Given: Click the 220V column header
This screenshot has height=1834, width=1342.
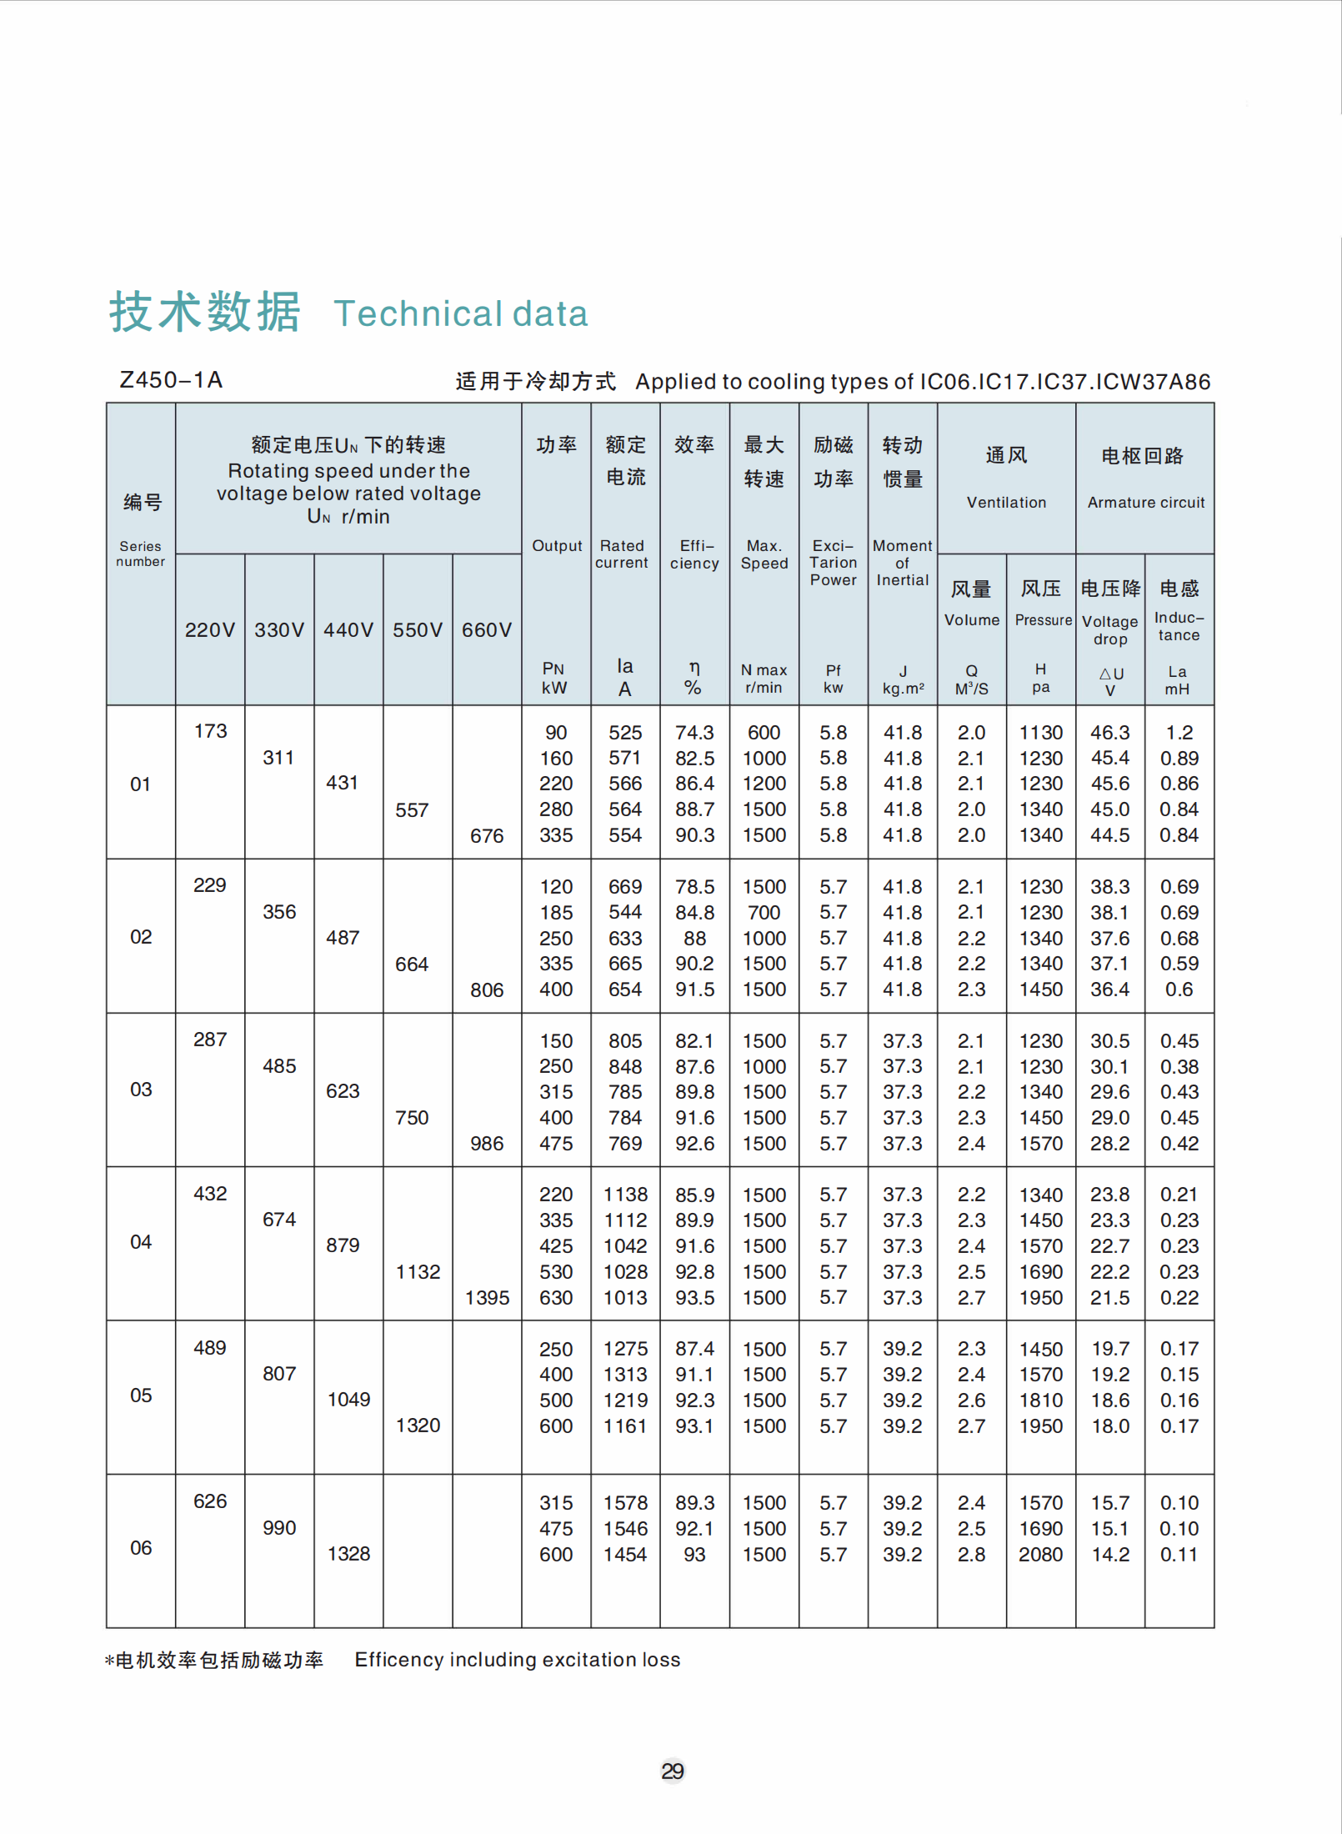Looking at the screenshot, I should tap(210, 629).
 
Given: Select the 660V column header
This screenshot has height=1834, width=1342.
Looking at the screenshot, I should tap(487, 629).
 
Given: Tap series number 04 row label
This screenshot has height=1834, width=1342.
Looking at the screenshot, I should tap(141, 1242).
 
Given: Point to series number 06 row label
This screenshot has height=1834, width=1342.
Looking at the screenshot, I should tap(141, 1548).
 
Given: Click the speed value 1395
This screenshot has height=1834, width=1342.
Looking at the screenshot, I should tap(488, 1298).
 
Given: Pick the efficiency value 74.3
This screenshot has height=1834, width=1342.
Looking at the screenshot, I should tap(694, 733).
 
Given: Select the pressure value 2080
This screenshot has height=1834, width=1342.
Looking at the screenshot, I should tap(1040, 1555).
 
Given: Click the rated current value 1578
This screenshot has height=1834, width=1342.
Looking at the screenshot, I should tap(625, 1503).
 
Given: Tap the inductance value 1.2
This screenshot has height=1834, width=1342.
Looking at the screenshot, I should tap(1179, 733).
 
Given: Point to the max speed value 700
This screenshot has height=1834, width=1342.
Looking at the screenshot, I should tap(764, 913).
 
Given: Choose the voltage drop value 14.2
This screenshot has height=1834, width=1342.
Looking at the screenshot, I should tap(1110, 1555).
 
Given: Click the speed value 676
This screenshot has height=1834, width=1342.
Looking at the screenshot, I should tap(487, 836).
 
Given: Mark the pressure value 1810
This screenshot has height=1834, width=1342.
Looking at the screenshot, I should tap(1040, 1401).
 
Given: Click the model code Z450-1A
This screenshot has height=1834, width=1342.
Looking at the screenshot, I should tap(171, 380).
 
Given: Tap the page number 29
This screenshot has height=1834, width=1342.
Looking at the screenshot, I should tap(672, 1771).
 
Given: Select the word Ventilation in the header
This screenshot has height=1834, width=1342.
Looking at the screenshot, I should tap(1006, 503).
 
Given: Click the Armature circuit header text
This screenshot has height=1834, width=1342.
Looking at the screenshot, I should tap(1145, 503).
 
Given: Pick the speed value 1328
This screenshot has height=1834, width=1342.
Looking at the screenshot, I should tap(348, 1554).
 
